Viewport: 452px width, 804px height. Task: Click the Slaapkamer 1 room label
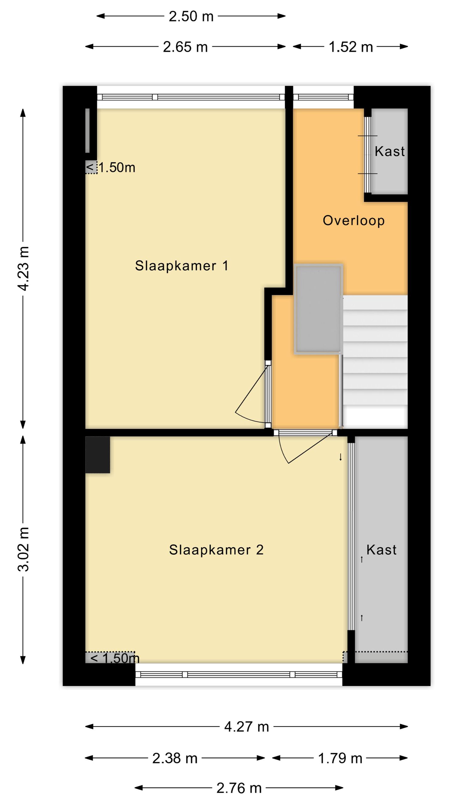181,266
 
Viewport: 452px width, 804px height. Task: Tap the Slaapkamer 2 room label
216,550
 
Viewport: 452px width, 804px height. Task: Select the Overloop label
353,220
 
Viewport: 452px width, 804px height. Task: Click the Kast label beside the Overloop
390,151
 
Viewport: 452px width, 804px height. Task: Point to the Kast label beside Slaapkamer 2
381,550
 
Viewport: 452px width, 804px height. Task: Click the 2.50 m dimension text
191,16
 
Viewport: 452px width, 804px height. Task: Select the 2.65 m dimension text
185,47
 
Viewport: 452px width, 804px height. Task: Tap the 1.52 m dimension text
350,47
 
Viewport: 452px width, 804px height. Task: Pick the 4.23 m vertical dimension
24,269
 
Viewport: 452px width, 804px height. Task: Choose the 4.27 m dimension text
246,727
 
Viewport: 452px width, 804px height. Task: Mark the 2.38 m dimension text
175,758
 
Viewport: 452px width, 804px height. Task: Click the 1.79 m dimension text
340,758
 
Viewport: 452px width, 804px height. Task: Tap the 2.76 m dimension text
239,788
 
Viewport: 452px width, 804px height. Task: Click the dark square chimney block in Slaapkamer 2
98,455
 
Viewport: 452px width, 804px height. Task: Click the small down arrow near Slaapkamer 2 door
341,457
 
